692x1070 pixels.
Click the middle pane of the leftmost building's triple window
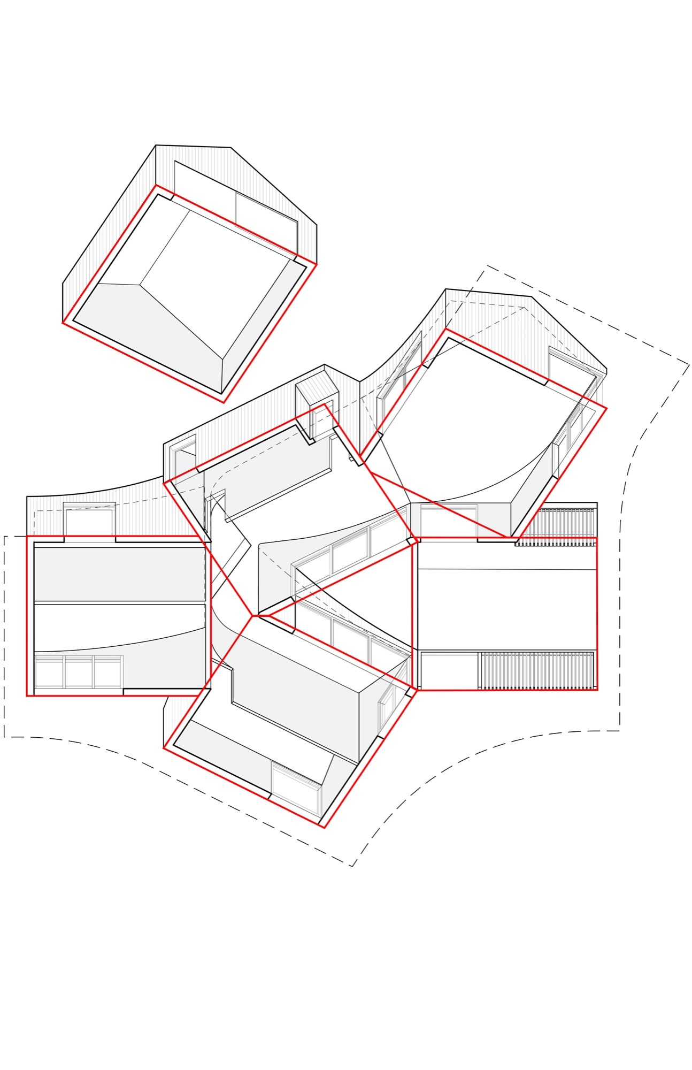click(79, 671)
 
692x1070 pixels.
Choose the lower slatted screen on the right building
click(537, 670)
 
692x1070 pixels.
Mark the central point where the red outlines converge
click(252, 616)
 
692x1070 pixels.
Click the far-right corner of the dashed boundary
click(689, 365)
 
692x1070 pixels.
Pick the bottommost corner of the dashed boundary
click(352, 866)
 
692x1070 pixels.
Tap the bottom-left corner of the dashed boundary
click(5, 737)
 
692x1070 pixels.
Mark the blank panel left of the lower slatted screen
click(448, 670)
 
